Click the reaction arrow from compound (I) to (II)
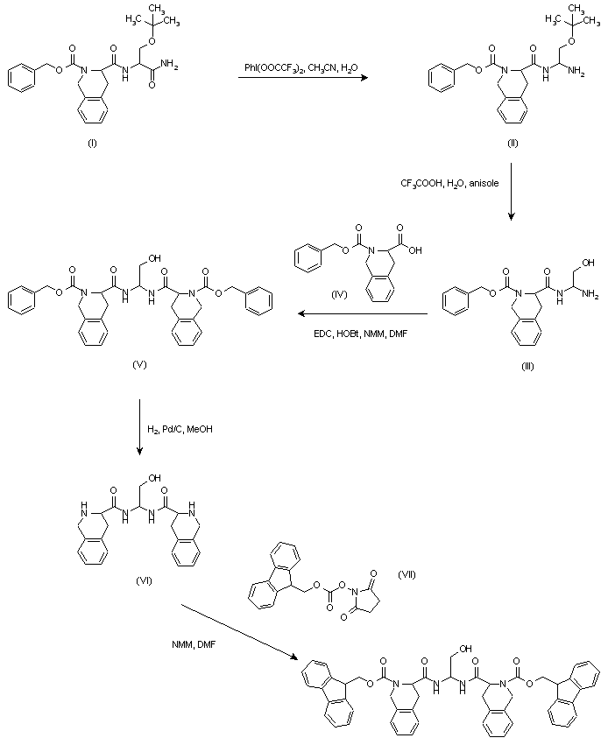pyautogui.click(x=302, y=80)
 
